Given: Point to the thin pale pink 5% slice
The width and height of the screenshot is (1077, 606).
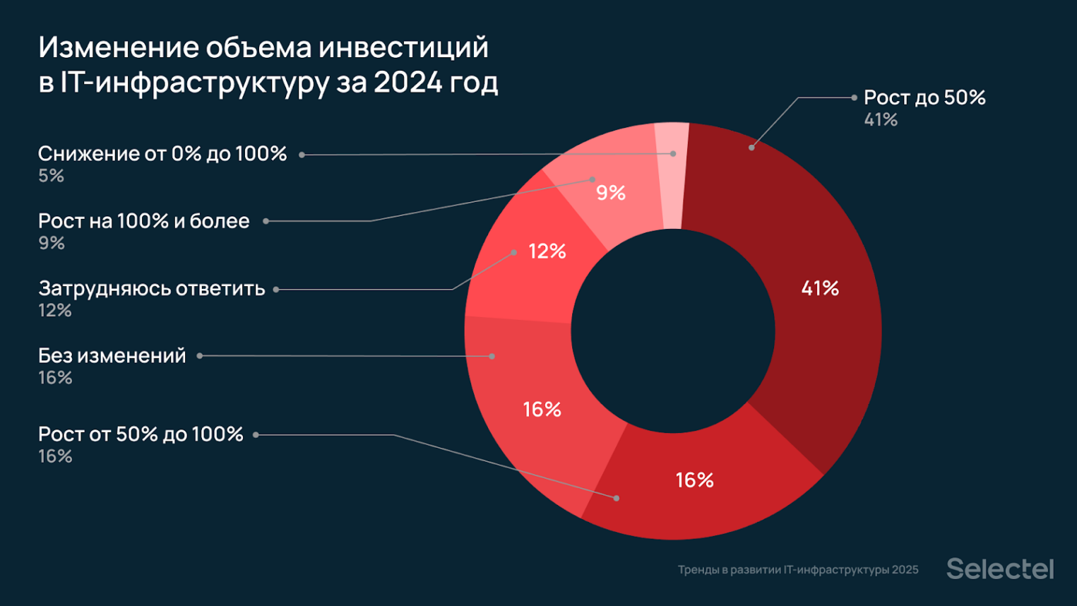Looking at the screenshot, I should click(672, 177).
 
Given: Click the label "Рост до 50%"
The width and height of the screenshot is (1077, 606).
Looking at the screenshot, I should click(924, 97).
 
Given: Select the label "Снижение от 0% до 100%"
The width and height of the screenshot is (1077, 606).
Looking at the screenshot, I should click(162, 154).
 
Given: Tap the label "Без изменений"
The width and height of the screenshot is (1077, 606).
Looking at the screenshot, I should click(112, 356).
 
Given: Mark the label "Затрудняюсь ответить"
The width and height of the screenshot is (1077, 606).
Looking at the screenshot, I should click(152, 289).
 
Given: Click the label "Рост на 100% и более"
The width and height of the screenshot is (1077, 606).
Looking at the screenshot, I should click(144, 221).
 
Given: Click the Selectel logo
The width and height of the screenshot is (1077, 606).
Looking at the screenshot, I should click(999, 569).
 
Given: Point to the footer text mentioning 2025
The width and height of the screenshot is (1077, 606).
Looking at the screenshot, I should click(798, 570).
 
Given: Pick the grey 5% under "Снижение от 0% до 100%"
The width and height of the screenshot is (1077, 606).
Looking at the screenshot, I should click(52, 176).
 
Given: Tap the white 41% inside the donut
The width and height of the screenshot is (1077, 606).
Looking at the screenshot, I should click(820, 288).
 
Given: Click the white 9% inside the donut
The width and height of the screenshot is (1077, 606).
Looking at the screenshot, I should click(611, 193).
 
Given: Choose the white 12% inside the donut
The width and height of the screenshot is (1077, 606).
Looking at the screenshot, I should click(547, 251).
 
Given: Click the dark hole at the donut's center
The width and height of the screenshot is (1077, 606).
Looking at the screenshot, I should click(673, 331).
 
